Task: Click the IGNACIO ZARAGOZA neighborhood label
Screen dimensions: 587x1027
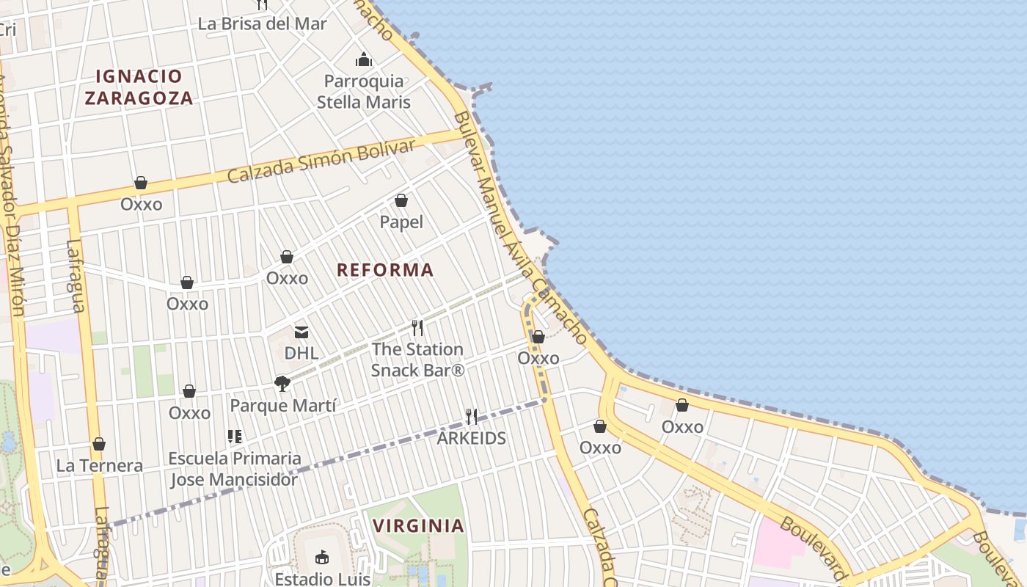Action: [x=139, y=87]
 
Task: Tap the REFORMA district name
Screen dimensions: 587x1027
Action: [x=385, y=270]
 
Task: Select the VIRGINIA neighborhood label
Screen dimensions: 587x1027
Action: [x=418, y=525]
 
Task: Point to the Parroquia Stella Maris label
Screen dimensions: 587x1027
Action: [x=364, y=92]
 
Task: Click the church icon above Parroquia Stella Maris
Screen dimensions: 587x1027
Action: [x=364, y=59]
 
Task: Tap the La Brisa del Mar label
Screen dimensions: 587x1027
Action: [x=263, y=23]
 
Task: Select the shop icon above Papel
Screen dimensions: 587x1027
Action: [x=401, y=200]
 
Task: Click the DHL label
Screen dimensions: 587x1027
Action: [x=301, y=353]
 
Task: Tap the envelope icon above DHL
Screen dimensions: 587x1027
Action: [x=301, y=332]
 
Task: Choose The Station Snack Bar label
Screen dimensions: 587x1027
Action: [x=417, y=360]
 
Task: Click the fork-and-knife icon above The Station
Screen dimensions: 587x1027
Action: [x=417, y=327]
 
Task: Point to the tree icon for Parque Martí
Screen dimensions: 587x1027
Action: [x=282, y=383]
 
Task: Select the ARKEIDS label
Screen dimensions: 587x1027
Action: [x=472, y=439]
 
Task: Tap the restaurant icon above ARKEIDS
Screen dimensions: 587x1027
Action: [x=472, y=417]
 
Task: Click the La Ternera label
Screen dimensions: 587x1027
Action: [x=100, y=466]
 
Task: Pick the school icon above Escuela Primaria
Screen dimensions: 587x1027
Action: [x=235, y=437]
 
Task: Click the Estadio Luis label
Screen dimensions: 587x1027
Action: [x=322, y=579]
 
